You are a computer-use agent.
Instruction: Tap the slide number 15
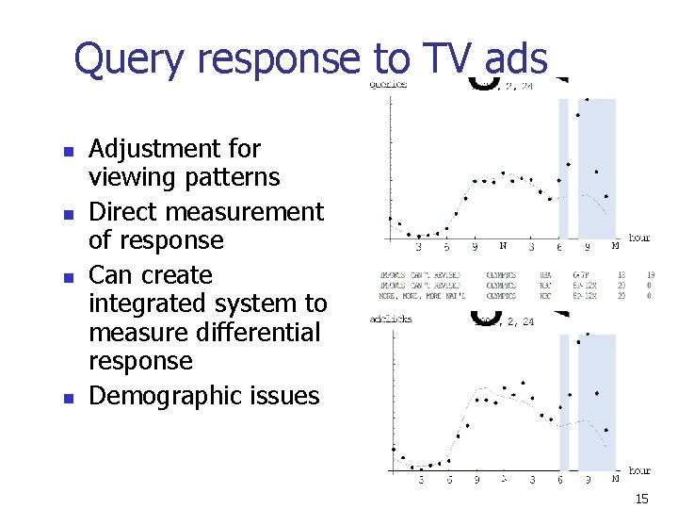[643, 499]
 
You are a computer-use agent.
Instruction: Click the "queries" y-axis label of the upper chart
[387, 84]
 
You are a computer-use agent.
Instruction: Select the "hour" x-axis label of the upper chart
[639, 238]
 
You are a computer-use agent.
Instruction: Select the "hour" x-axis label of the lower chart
[639, 469]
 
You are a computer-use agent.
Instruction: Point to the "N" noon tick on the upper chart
[503, 247]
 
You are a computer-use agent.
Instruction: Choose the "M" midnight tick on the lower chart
[615, 479]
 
